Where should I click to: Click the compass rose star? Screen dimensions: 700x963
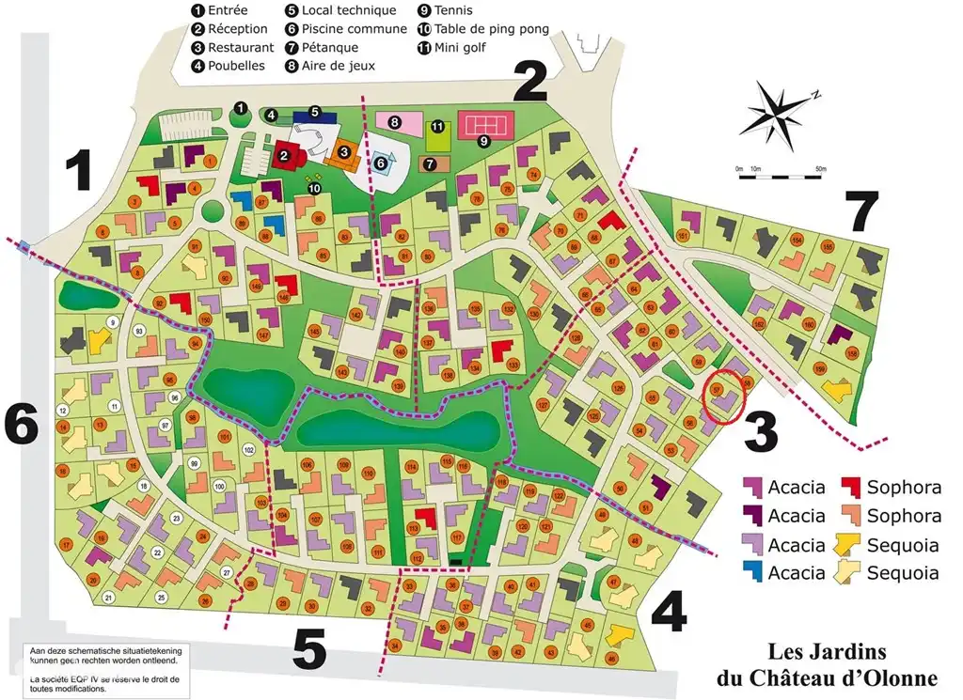point(779,111)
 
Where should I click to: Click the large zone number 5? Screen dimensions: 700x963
point(308,647)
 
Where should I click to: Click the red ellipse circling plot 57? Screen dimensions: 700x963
point(724,397)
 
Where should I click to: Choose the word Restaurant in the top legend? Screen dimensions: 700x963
point(241,47)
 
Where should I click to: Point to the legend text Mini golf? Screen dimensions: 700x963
point(460,47)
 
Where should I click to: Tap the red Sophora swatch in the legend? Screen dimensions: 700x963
point(851,487)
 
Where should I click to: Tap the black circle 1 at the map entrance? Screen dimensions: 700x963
point(241,109)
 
